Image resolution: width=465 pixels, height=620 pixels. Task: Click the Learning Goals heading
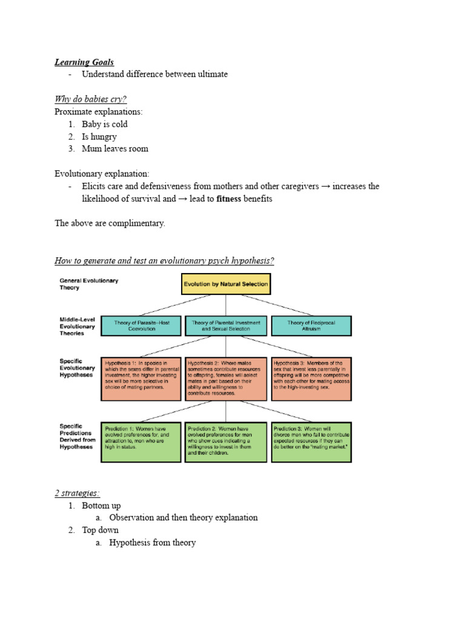(84, 62)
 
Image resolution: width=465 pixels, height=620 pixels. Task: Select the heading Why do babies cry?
(91, 99)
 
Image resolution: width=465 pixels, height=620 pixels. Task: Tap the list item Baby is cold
(105, 124)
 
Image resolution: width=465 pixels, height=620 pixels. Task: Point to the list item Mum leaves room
(115, 149)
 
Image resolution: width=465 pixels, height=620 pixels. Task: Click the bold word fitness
(226, 199)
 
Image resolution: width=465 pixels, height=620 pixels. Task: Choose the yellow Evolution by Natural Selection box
(226, 284)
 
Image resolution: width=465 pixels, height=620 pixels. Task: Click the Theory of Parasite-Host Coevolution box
(140, 326)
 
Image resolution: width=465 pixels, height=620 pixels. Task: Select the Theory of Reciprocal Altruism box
(311, 326)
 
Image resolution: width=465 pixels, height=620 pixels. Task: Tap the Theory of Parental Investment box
(226, 326)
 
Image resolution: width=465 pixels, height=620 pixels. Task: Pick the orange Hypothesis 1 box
(140, 378)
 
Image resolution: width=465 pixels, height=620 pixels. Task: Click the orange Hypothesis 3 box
(311, 378)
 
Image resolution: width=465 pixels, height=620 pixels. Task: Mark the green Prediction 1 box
(140, 442)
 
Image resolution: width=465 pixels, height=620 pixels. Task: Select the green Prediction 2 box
(226, 442)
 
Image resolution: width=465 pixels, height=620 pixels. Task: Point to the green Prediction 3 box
(311, 442)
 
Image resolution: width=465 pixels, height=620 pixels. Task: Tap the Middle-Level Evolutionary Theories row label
(77, 326)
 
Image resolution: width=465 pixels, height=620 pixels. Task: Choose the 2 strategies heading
(77, 493)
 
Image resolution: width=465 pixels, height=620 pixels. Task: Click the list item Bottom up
(101, 506)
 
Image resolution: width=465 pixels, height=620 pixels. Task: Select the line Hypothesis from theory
(152, 543)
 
